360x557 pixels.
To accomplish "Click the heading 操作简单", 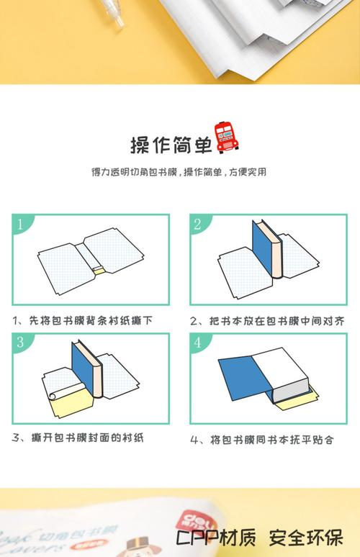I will pyautogui.click(x=171, y=144).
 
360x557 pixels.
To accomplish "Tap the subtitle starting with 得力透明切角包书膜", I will pyautogui.click(x=179, y=173).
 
